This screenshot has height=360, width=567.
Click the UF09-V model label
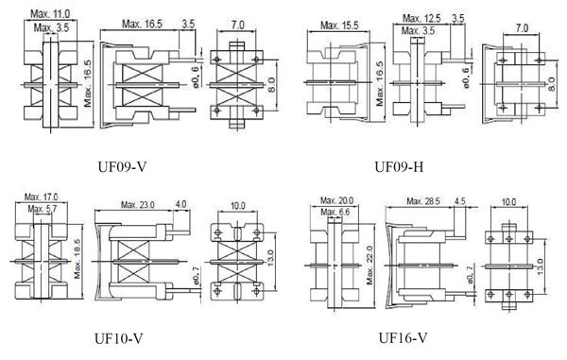(x=122, y=167)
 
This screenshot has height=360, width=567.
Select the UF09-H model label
(x=399, y=167)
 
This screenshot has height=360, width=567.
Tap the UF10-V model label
(x=119, y=338)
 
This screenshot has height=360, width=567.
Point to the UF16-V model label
(x=403, y=338)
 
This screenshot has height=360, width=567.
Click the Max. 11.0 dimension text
(x=50, y=14)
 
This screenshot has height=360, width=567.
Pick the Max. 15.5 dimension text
(x=339, y=26)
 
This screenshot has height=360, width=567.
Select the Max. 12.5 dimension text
(x=421, y=18)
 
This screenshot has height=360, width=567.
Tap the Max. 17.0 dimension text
(x=41, y=197)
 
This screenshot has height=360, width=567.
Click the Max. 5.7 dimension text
(x=43, y=209)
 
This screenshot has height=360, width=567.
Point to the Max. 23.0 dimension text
(x=137, y=205)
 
